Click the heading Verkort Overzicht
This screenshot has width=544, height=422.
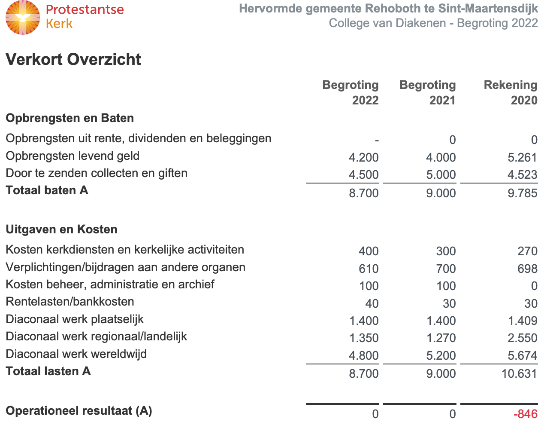[73, 59]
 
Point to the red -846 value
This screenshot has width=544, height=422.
[525, 414]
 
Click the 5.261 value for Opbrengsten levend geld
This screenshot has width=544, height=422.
[522, 157]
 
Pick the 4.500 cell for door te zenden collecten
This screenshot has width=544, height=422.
[363, 174]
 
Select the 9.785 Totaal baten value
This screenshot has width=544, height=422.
[522, 193]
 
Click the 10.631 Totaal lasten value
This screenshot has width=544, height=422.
[519, 373]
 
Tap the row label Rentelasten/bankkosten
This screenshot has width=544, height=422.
[70, 302]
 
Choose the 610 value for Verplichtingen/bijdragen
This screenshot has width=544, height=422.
[369, 269]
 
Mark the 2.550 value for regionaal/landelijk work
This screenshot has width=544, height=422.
[522, 338]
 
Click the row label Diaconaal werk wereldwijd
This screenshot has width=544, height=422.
[76, 354]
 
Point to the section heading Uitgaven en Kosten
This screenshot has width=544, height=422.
[61, 229]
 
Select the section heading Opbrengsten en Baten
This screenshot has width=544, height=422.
[70, 118]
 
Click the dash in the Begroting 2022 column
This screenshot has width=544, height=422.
[376, 140]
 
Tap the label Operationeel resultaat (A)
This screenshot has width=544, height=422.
[79, 411]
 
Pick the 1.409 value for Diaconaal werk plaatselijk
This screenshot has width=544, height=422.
[522, 321]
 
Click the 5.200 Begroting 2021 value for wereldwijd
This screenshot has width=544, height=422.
[441, 355]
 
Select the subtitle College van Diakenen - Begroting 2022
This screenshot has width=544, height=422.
[433, 23]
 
